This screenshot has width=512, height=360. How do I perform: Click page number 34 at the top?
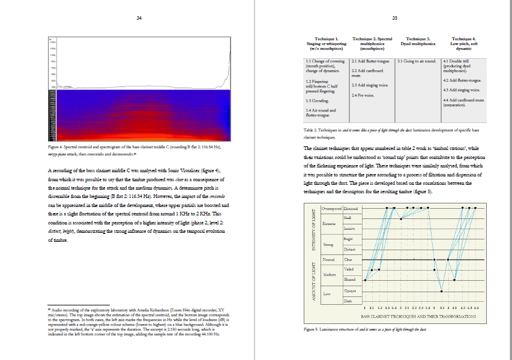(x=139, y=18)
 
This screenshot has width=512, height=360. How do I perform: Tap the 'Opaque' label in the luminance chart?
(x=351, y=290)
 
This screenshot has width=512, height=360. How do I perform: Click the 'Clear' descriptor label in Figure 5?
(x=348, y=260)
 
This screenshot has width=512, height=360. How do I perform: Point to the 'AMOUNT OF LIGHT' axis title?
(x=313, y=281)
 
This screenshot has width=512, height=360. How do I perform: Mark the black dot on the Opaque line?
(x=442, y=291)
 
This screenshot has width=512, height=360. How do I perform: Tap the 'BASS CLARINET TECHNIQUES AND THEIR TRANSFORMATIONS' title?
(x=418, y=316)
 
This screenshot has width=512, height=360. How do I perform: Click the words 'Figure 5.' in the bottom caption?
(x=313, y=329)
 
